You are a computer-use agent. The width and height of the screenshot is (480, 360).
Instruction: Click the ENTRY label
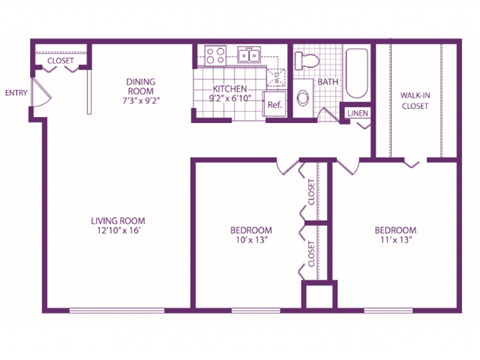tap(16, 93)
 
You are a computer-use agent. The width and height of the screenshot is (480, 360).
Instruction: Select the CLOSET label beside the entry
tap(61, 61)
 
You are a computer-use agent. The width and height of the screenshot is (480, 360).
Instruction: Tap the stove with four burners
tap(214, 56)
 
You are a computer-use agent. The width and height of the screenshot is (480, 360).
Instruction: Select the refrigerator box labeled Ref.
tap(273, 105)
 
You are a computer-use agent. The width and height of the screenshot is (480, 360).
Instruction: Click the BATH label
tap(328, 82)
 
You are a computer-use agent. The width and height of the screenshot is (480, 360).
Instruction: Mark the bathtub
tap(355, 72)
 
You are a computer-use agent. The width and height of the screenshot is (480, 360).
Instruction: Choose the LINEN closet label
tap(356, 113)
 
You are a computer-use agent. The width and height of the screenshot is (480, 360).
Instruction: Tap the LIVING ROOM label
tap(118, 221)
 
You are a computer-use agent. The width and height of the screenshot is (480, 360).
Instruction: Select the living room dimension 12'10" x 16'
tap(118, 233)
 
